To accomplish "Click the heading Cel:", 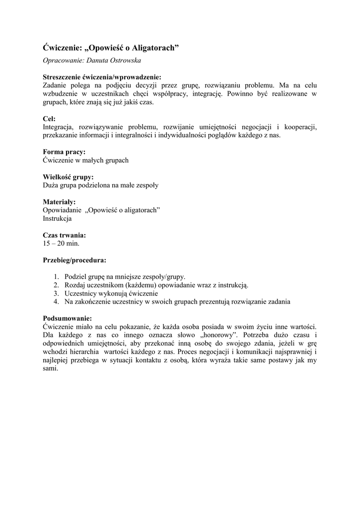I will (49, 119).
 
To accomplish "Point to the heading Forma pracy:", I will (64, 152).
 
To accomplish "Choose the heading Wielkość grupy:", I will (68, 177).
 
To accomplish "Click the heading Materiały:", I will (59, 202).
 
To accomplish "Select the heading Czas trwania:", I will (65, 235).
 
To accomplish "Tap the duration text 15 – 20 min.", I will (61, 244).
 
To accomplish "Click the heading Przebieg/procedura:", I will (74, 260).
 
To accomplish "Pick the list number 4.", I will (57, 302).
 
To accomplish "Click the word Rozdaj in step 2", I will (75, 285).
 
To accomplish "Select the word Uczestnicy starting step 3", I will (82, 293).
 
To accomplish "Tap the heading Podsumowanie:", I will (68, 318).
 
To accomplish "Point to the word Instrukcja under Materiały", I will (57, 218).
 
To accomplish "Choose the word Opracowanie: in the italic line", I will (62, 61).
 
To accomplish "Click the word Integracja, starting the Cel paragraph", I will (59, 127).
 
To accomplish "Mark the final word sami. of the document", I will (51, 369).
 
